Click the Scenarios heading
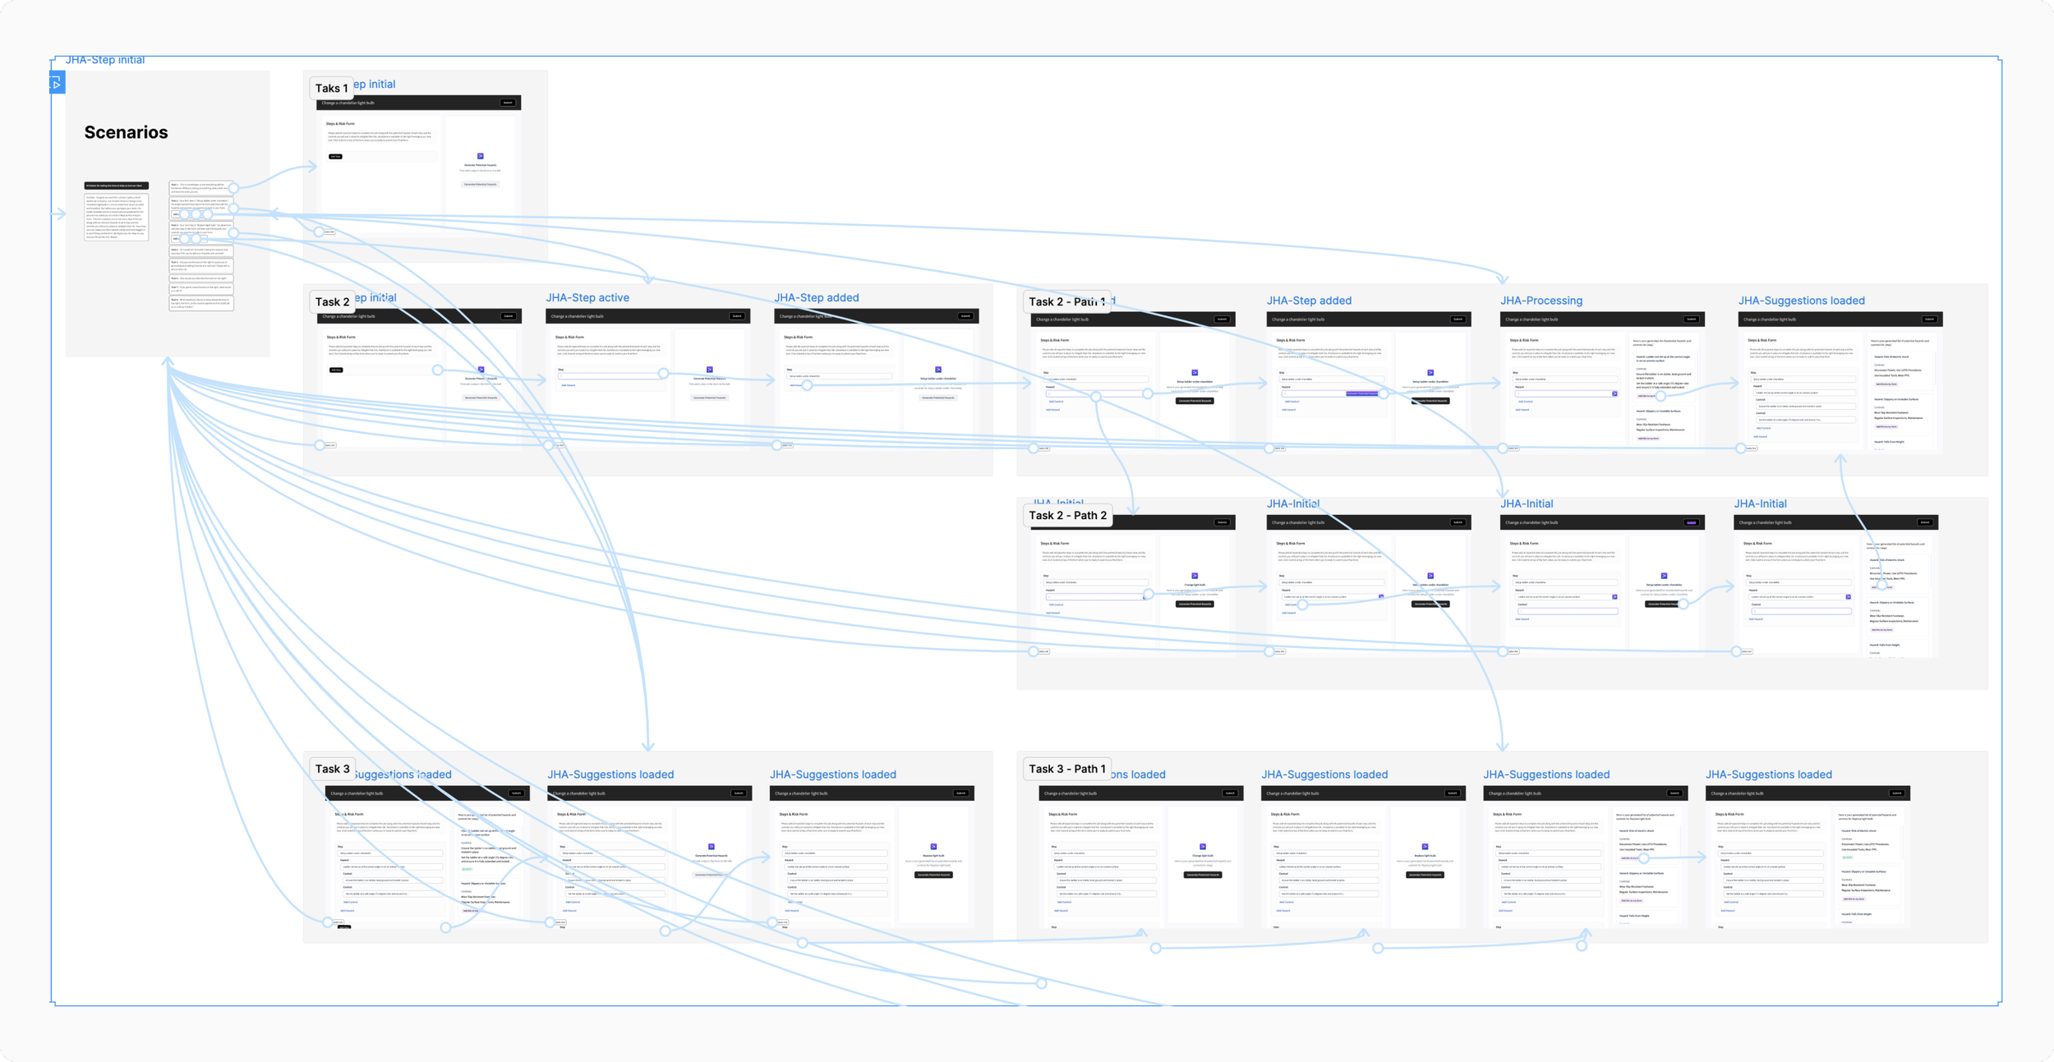(x=126, y=132)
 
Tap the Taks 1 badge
(x=331, y=88)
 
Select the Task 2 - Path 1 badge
(x=1066, y=301)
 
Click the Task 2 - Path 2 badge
(x=1067, y=515)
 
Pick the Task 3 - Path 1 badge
(x=1066, y=769)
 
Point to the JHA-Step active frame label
(x=587, y=297)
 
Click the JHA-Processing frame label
(x=1540, y=301)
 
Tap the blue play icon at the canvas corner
(x=57, y=83)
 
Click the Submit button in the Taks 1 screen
(x=508, y=103)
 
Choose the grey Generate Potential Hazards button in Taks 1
(x=480, y=184)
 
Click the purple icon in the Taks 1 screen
(x=481, y=156)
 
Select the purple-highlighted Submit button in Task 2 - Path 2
(x=1691, y=522)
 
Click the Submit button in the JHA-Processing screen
(x=1691, y=320)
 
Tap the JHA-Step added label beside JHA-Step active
(x=816, y=297)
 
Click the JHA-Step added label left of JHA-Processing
(x=1309, y=301)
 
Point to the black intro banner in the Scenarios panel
(x=117, y=186)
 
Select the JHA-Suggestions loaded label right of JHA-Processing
(x=1801, y=301)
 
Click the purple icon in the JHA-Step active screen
(x=710, y=370)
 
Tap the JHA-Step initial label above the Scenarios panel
(x=105, y=60)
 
